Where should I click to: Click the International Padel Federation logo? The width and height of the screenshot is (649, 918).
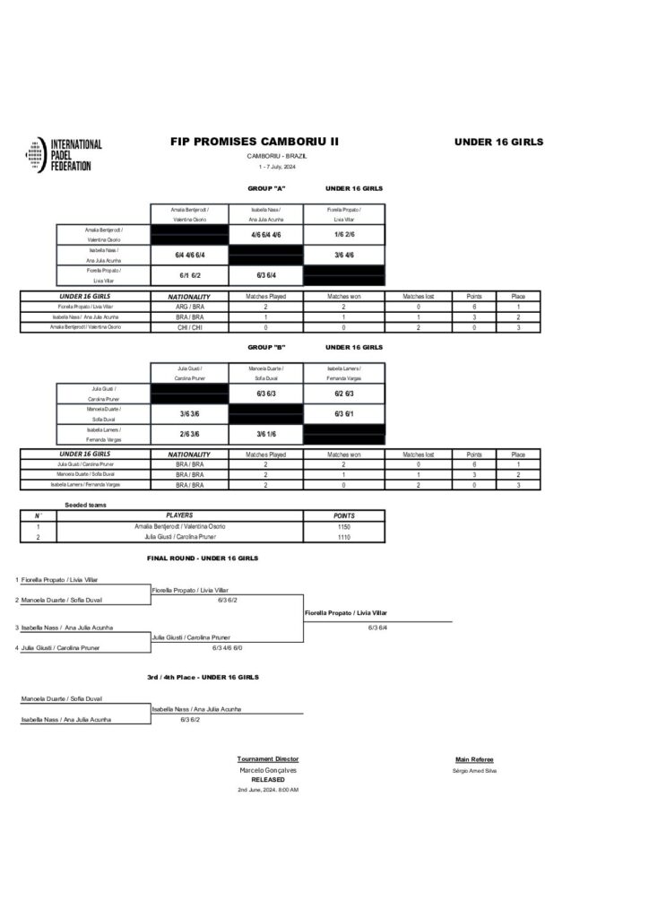(x=65, y=155)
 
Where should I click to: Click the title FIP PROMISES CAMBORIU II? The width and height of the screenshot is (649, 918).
(x=254, y=142)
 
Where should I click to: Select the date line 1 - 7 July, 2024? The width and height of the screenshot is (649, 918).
(x=277, y=167)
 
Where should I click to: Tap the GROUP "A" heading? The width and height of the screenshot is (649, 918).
(x=266, y=189)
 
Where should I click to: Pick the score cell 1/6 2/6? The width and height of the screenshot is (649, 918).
(x=344, y=235)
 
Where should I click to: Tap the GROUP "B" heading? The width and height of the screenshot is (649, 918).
(x=266, y=347)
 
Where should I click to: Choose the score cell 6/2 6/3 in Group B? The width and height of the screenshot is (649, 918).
(x=344, y=393)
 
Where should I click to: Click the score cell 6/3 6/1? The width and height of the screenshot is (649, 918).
(x=344, y=413)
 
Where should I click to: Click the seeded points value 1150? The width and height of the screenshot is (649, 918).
(x=344, y=526)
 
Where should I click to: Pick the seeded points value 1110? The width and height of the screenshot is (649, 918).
(x=344, y=536)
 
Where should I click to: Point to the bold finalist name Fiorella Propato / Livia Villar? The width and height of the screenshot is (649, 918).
(x=346, y=612)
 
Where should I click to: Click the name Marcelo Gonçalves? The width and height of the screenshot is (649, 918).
(x=268, y=770)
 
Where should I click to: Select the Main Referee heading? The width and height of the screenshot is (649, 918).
(x=474, y=759)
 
